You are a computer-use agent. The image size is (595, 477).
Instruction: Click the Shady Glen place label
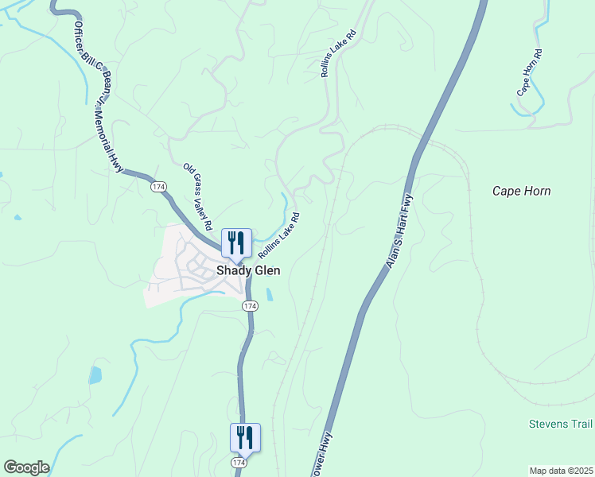pyautogui.click(x=248, y=270)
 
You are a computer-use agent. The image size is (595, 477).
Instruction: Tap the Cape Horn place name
pyautogui.click(x=521, y=191)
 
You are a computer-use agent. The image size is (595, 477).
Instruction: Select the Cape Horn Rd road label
pyautogui.click(x=529, y=73)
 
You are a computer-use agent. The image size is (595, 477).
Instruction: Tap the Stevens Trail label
pyautogui.click(x=561, y=424)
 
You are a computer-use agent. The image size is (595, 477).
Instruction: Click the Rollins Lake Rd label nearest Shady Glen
pyautogui.click(x=279, y=235)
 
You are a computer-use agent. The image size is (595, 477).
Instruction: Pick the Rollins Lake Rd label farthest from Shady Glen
pyautogui.click(x=337, y=55)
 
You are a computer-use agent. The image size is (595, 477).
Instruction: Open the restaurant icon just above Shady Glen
pyautogui.click(x=236, y=242)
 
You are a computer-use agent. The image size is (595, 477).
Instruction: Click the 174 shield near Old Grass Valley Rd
pyautogui.click(x=157, y=186)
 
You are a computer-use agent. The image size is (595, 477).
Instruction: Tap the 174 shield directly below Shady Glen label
pyautogui.click(x=250, y=305)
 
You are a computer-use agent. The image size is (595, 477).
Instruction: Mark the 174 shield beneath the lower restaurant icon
pyautogui.click(x=239, y=462)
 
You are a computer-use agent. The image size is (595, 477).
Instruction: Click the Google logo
pyautogui.click(x=25, y=467)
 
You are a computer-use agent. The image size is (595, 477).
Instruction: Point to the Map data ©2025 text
pyautogui.click(x=561, y=471)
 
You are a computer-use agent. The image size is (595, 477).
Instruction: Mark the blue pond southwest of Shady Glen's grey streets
pyautogui.click(x=95, y=374)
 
